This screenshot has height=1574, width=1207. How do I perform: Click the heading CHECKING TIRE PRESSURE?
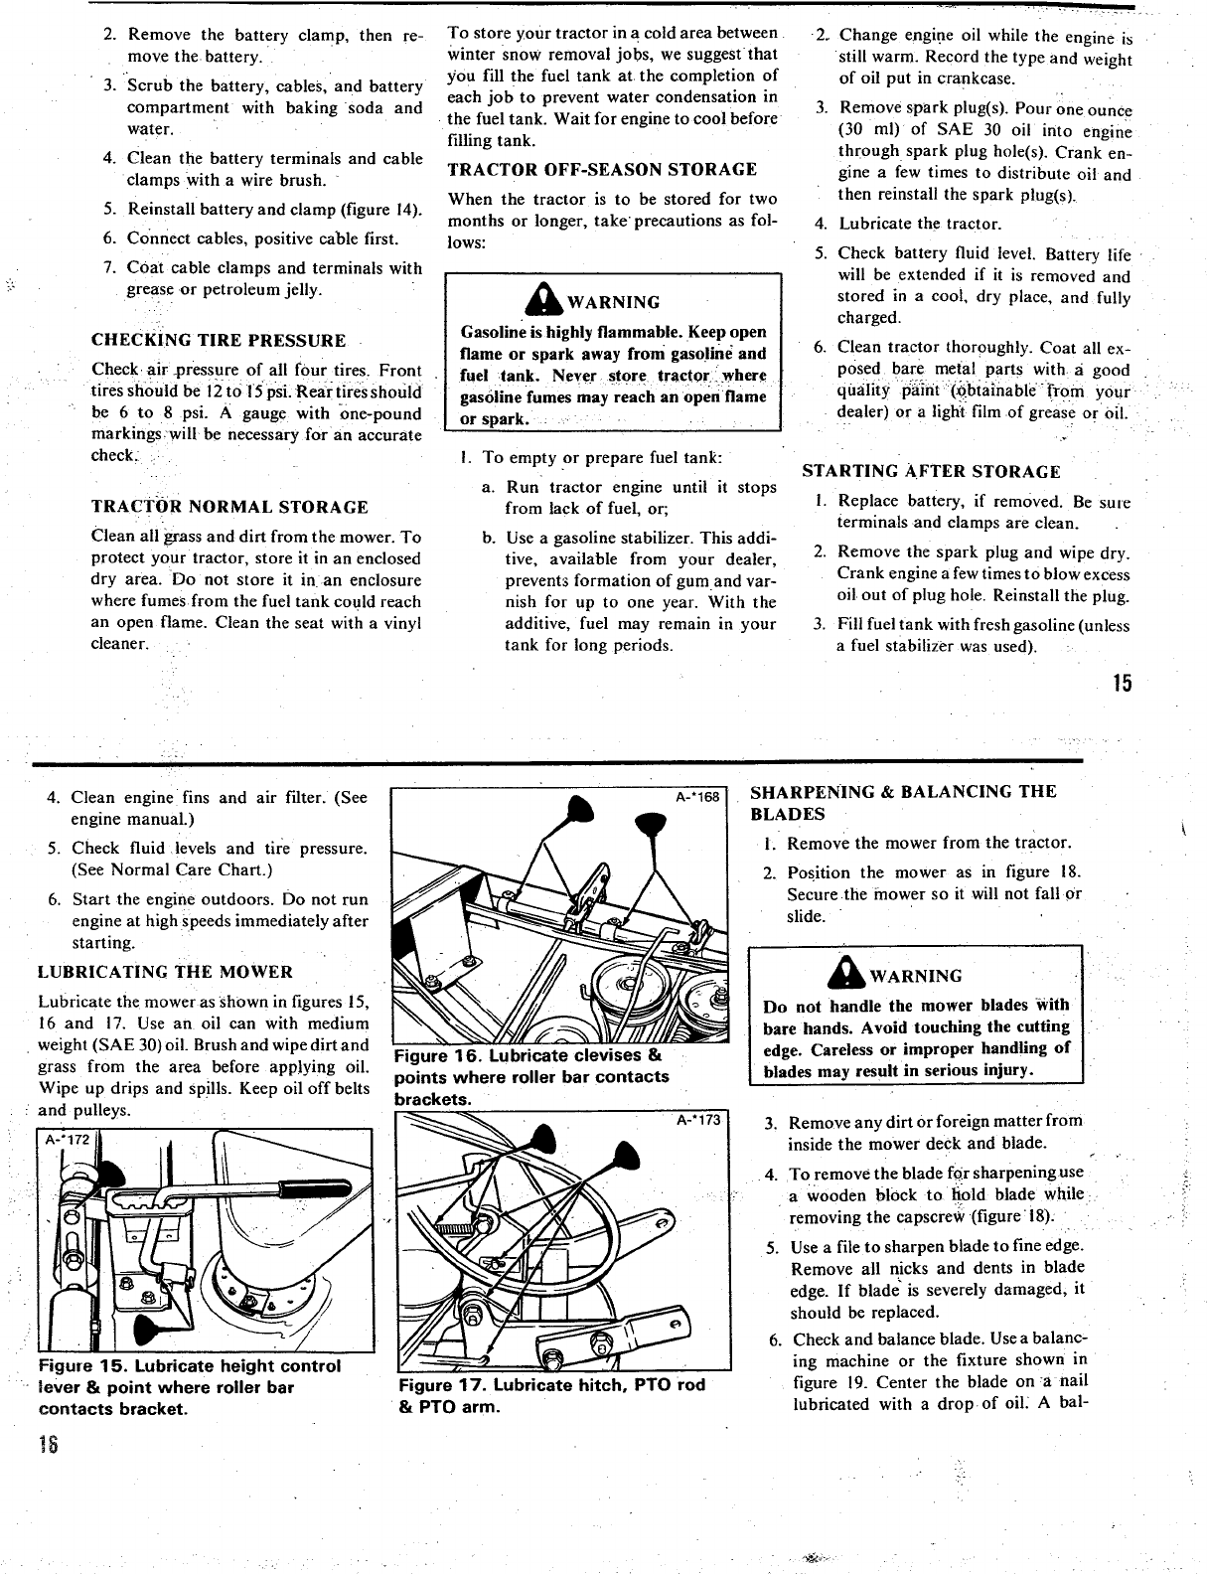219,341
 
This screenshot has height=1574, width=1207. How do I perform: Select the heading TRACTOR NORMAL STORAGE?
229,507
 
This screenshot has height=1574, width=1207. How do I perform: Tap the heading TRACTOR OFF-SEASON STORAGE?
602,169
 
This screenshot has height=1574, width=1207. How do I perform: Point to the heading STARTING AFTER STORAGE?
931,471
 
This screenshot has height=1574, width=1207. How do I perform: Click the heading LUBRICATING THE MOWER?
165,972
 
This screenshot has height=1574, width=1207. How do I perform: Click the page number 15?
1122,684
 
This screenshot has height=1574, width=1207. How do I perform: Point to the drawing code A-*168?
699,797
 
